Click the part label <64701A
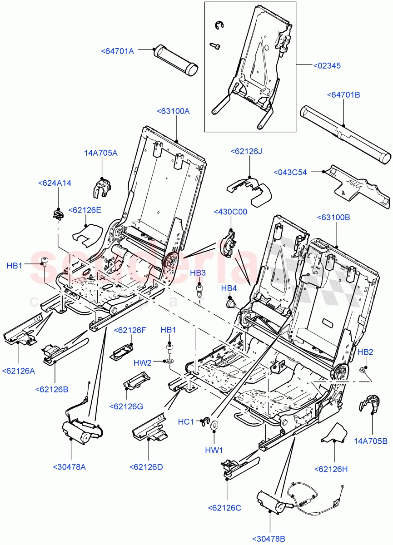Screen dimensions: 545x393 [x=117, y=51]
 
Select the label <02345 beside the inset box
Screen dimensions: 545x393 [x=327, y=66]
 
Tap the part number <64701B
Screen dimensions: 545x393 [x=343, y=95]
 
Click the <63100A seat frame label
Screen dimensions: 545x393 [x=173, y=111]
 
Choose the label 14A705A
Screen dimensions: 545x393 [x=100, y=153]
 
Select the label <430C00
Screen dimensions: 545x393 [x=230, y=212]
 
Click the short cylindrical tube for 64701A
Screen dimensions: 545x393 [x=176, y=59]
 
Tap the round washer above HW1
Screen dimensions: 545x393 [x=214, y=425]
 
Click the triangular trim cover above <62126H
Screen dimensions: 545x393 [x=335, y=434]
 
